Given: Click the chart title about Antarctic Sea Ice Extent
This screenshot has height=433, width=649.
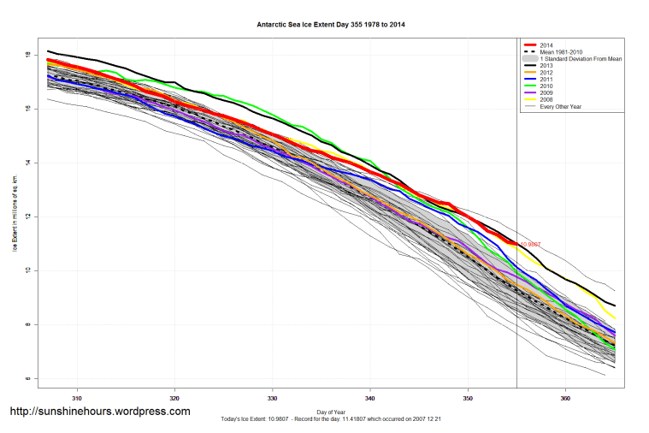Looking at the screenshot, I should (x=331, y=25).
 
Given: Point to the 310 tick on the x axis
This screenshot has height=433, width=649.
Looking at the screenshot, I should (x=77, y=398).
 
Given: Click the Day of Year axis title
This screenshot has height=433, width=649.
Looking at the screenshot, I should (x=331, y=412).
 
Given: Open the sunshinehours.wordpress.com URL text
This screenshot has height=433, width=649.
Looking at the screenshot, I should (x=99, y=412).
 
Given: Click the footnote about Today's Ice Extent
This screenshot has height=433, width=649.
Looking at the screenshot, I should (x=331, y=421).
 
